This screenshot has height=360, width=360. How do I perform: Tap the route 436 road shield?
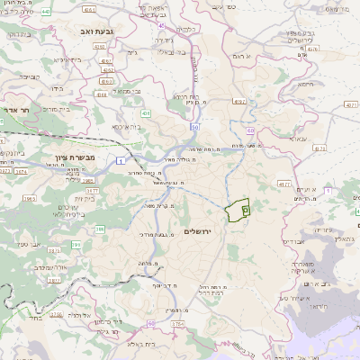(x=144, y=115)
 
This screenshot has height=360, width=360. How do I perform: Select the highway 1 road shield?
(x=119, y=159)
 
